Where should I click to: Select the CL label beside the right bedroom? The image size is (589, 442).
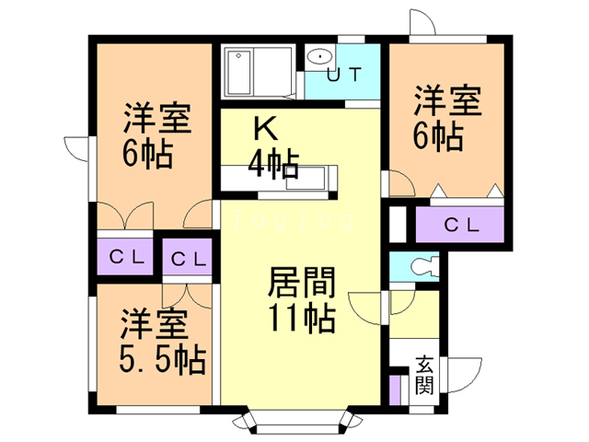(x=461, y=224)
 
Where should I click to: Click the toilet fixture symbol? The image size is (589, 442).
(x=422, y=267)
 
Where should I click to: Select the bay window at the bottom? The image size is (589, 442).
(x=293, y=424)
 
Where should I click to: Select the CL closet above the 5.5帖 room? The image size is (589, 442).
(x=189, y=257)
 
